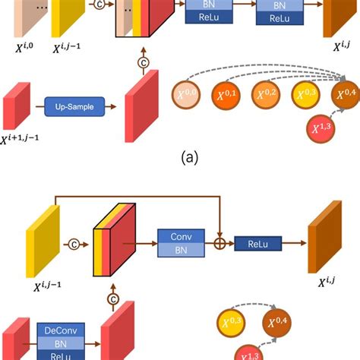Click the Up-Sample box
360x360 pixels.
[x=74, y=106]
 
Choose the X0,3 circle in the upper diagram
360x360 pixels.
[x=308, y=94]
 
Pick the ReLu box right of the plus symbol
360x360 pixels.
[x=257, y=244]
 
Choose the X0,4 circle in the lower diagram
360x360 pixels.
[x=279, y=325]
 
